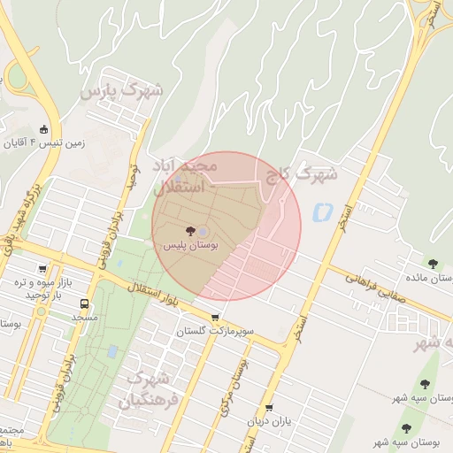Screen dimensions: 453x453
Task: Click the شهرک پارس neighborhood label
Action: click(x=121, y=90)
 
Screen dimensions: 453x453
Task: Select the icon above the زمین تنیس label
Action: click(x=45, y=129)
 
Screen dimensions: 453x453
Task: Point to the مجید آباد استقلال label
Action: click(x=185, y=176)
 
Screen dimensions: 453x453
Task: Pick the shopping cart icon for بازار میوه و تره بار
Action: click(x=42, y=269)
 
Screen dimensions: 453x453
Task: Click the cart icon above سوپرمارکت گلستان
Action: click(x=216, y=318)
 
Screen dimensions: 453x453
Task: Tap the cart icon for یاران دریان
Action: click(x=269, y=408)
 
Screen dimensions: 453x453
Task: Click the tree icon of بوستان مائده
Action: click(x=433, y=263)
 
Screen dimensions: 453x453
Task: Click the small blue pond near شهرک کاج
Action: click(x=320, y=212)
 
